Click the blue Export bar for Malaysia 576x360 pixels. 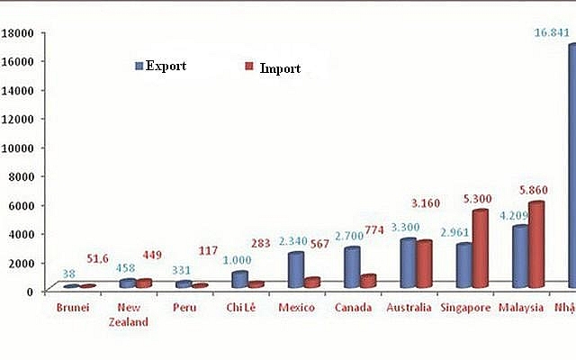click(520, 256)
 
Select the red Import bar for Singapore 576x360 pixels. click(480, 248)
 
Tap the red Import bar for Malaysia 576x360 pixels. click(535, 244)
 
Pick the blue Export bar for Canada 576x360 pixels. click(352, 267)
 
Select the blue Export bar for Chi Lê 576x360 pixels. click(239, 279)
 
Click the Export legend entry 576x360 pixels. click(161, 66)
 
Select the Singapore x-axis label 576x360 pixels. click(466, 309)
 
